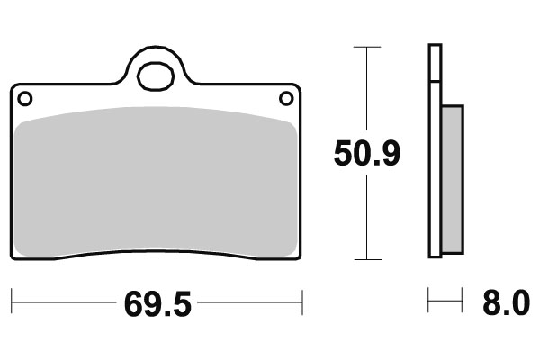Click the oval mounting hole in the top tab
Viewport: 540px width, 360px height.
pyautogui.click(x=155, y=75)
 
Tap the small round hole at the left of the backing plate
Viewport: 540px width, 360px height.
pyautogui.click(x=24, y=98)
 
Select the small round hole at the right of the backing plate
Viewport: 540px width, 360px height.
pyautogui.click(x=286, y=98)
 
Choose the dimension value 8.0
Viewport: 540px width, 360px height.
pyautogui.click(x=507, y=304)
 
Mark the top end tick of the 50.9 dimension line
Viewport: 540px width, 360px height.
pyautogui.click(x=365, y=44)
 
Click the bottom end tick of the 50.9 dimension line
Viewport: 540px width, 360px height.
pyautogui.click(x=365, y=259)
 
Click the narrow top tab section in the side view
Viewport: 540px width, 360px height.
pyautogui.click(x=435, y=63)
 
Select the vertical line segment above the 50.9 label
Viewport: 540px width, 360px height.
pyautogui.click(x=365, y=90)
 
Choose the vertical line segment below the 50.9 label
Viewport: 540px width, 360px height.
pyautogui.click(x=365, y=216)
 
